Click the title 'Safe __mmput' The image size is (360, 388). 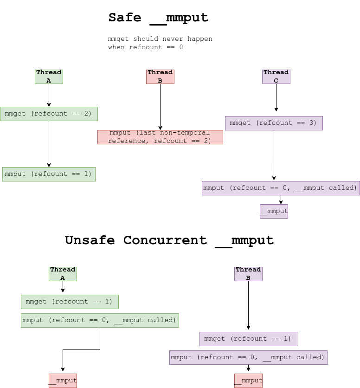[x=158, y=18]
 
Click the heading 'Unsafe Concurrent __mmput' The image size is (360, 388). [x=169, y=240]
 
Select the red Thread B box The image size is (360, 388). [x=160, y=77]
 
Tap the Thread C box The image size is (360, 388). [x=276, y=77]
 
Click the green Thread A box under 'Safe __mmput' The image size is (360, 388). [x=49, y=77]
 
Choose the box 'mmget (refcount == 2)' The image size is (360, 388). [x=49, y=114]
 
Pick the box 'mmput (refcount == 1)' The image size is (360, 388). [x=49, y=174]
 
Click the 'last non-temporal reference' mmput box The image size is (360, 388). [x=160, y=137]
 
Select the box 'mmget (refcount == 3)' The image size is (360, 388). [x=274, y=123]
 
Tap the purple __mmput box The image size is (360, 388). [x=274, y=211]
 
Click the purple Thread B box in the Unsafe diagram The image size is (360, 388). [x=248, y=274]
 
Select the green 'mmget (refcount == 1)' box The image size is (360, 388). [x=70, y=302]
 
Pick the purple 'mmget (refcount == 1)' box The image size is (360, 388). [x=248, y=339]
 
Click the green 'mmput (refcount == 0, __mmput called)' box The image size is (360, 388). [x=100, y=320]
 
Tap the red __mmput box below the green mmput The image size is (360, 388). [x=63, y=381]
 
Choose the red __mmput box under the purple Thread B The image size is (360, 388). [x=248, y=381]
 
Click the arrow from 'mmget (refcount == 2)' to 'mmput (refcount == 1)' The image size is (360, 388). [x=49, y=144]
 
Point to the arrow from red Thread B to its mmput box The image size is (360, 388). [x=160, y=107]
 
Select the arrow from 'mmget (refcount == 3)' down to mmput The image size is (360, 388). [x=274, y=155]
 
